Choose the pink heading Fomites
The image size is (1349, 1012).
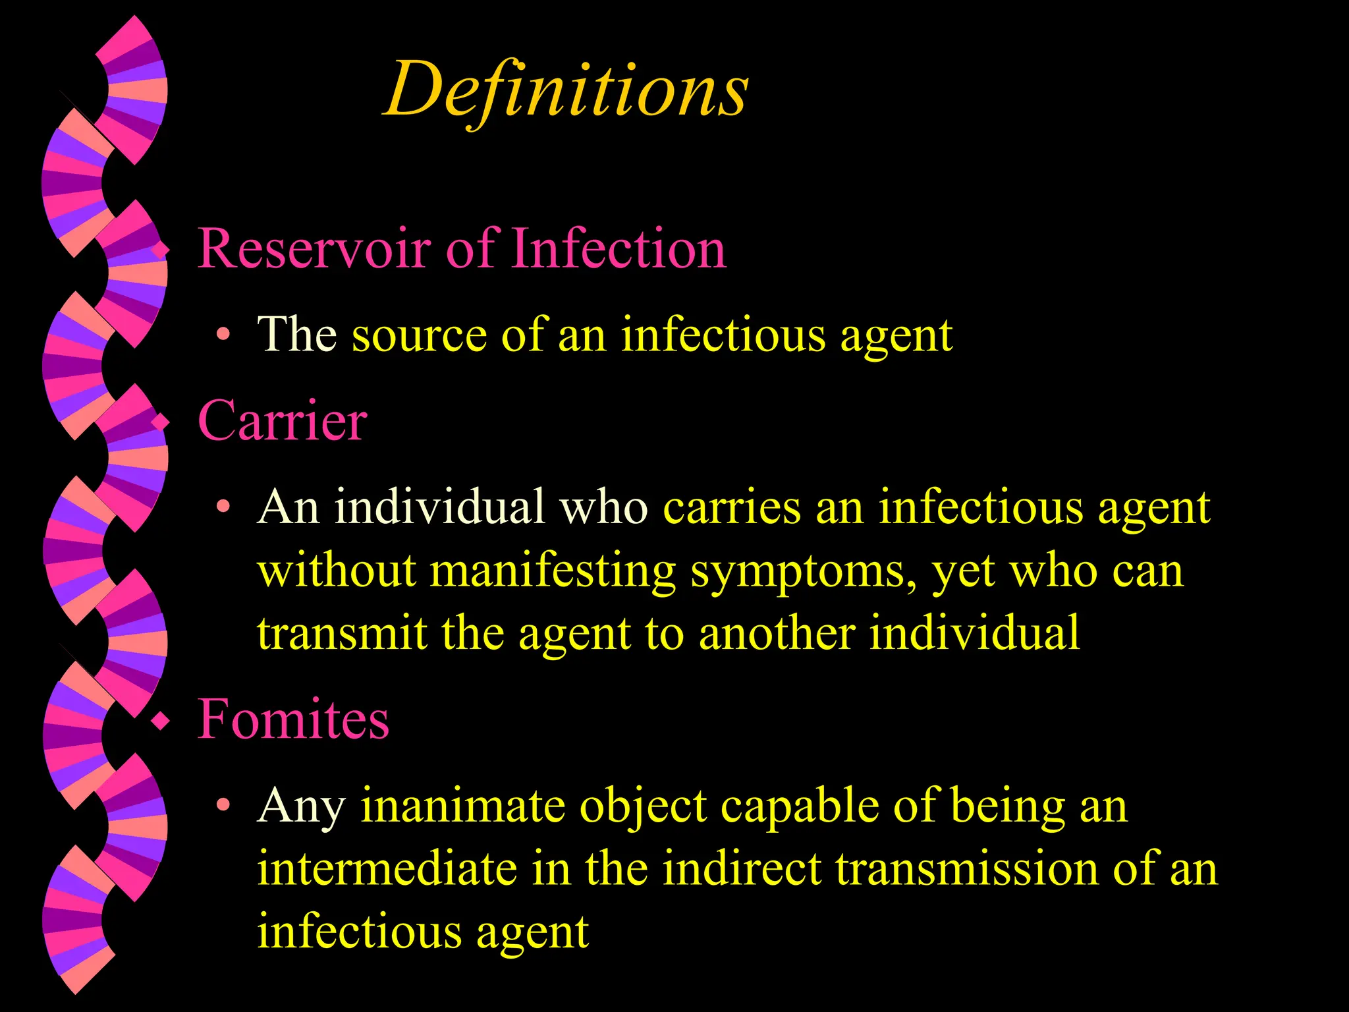293,719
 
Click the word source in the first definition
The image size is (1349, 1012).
419,335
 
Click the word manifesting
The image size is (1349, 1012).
553,571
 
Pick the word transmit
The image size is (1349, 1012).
342,632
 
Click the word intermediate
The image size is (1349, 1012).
387,868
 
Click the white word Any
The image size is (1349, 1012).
301,806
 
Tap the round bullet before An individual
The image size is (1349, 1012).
224,507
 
